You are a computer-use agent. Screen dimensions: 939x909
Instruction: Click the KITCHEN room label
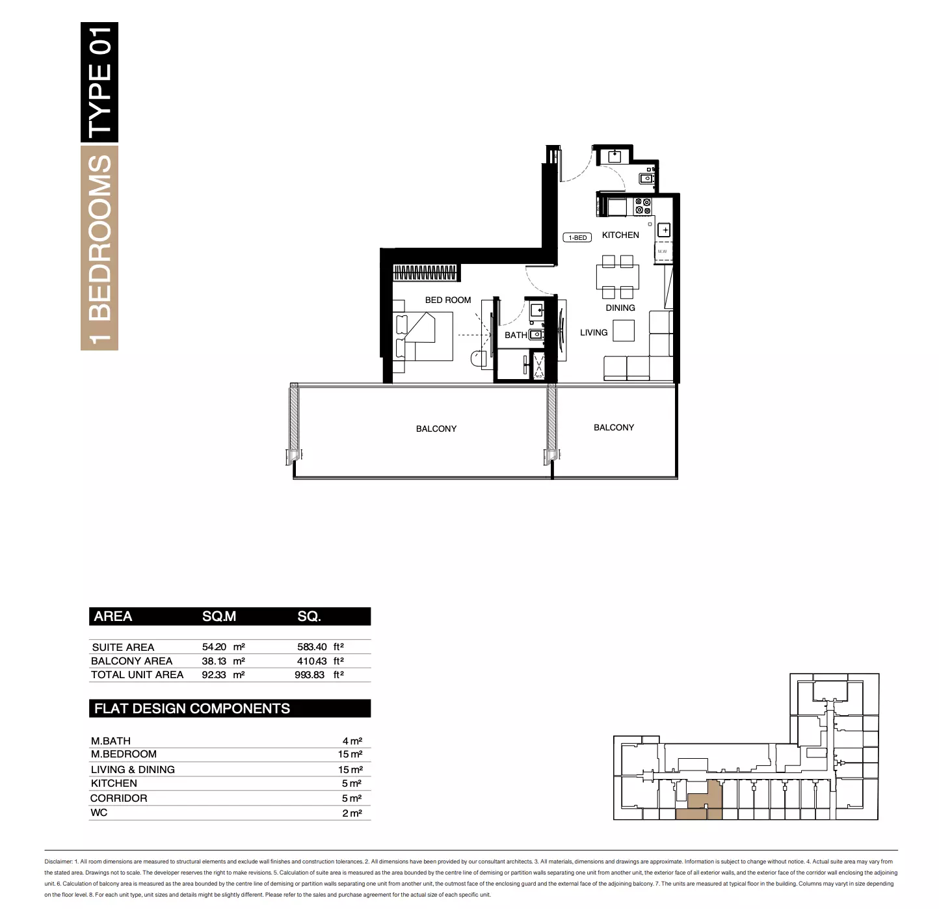coord(620,235)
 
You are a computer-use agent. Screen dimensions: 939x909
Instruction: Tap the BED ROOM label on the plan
coord(448,300)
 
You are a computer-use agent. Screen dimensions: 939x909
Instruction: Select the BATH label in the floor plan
coord(515,335)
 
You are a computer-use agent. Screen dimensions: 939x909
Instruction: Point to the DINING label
coord(620,308)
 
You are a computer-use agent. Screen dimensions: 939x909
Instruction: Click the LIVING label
coord(594,332)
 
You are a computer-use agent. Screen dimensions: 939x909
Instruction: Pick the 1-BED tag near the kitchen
coord(577,237)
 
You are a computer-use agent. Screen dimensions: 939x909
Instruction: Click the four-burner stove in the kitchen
coord(642,206)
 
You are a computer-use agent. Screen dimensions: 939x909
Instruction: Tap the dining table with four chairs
coord(617,277)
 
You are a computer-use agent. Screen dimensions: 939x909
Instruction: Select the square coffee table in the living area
coord(624,331)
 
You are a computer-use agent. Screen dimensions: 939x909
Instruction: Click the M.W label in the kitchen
coord(662,252)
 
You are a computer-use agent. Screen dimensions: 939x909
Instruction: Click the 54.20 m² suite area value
coord(223,646)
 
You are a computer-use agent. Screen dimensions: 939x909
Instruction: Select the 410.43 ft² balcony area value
coord(320,661)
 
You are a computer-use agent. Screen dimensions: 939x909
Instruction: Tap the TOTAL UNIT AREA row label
coord(137,674)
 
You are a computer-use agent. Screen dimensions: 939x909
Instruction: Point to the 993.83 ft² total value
coord(319,674)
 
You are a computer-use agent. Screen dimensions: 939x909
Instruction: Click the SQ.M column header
coord(218,616)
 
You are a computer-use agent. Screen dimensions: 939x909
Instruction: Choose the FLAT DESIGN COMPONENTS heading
coord(192,708)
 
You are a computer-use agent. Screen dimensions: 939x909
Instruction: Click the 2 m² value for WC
coord(352,813)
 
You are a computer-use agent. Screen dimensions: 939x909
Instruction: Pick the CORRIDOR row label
coord(118,798)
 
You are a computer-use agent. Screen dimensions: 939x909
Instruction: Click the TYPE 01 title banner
coord(99,82)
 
